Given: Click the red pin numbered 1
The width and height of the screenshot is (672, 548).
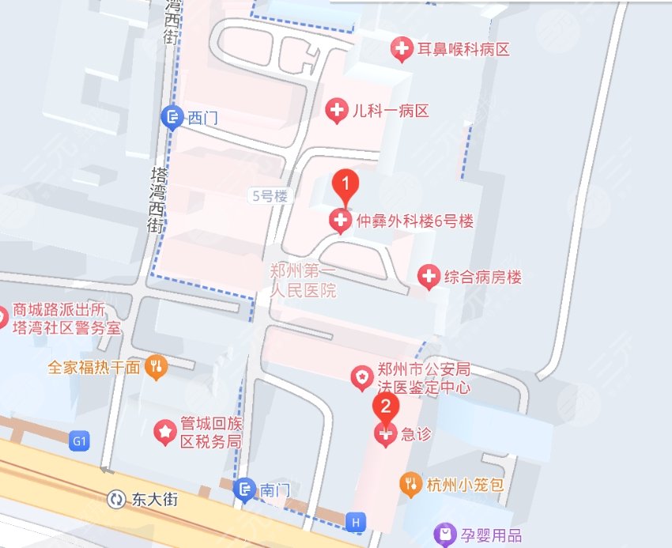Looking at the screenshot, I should pyautogui.click(x=345, y=185).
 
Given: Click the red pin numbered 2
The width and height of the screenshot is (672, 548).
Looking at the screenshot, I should pyautogui.click(x=385, y=407).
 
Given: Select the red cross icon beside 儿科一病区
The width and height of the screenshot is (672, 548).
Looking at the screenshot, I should pyautogui.click(x=338, y=111).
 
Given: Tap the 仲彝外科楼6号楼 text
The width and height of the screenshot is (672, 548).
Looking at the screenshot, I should pyautogui.click(x=414, y=220).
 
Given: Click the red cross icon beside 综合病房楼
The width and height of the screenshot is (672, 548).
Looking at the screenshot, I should pyautogui.click(x=428, y=277).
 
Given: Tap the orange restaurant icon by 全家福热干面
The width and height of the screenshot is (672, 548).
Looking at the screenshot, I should pyautogui.click(x=157, y=367).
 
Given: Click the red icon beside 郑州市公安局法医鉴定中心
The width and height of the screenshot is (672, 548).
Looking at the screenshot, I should pyautogui.click(x=361, y=377).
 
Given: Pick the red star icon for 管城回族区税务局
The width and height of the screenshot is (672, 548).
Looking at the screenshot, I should pyautogui.click(x=165, y=433).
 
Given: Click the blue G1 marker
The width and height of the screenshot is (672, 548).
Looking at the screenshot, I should pyautogui.click(x=78, y=440).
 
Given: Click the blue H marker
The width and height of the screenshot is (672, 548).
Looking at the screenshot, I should pyautogui.click(x=356, y=522).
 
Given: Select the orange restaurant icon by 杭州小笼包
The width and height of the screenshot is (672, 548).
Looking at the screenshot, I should pyautogui.click(x=410, y=484).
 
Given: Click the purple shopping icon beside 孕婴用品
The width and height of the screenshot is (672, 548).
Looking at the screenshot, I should pyautogui.click(x=445, y=536).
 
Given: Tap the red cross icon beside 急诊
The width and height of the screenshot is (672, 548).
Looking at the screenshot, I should pyautogui.click(x=386, y=434).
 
